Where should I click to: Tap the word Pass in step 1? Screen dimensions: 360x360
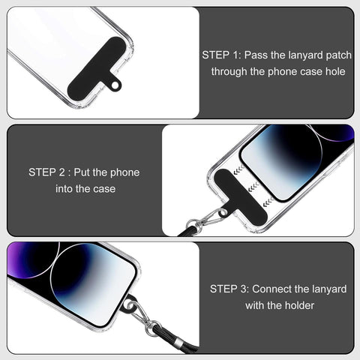pyautogui.click(x=259, y=55)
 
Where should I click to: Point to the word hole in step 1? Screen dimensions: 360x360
pyautogui.click(x=334, y=72)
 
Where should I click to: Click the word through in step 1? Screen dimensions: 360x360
pyautogui.click(x=229, y=72)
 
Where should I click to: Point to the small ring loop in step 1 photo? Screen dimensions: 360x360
pyautogui.click(x=115, y=85)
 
